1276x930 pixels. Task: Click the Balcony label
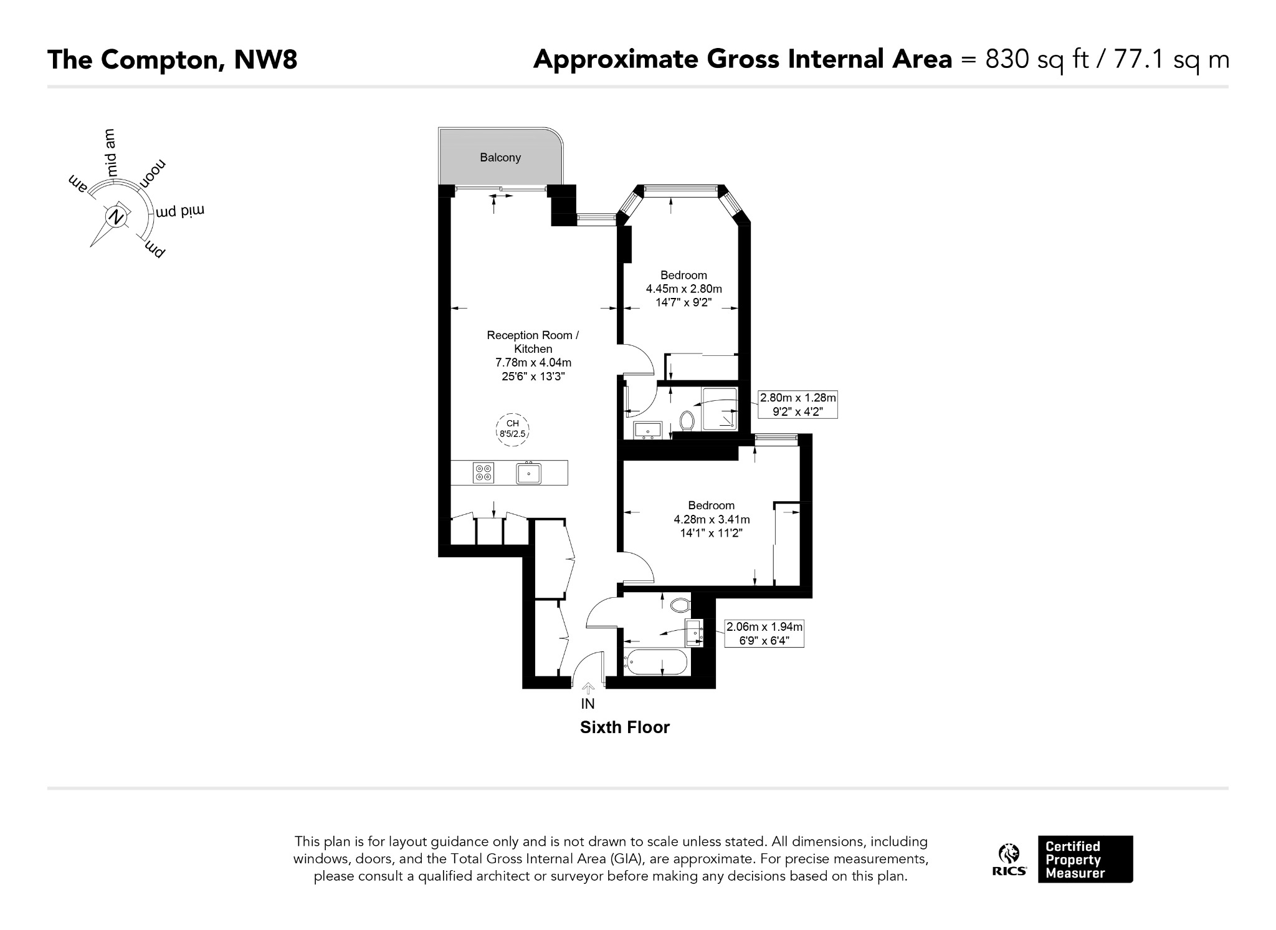point(500,158)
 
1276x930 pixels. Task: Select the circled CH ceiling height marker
point(512,429)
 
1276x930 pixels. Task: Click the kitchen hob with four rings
point(483,473)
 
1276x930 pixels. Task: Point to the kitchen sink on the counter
point(528,473)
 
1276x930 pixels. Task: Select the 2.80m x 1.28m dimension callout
point(797,405)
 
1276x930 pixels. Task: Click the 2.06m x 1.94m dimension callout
point(764,633)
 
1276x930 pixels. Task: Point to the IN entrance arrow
point(588,688)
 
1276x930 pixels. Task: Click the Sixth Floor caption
point(625,727)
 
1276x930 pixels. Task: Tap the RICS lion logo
point(1009,860)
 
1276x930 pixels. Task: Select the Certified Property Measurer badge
point(1085,859)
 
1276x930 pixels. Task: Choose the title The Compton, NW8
point(173,60)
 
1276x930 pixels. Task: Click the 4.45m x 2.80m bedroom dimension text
point(683,289)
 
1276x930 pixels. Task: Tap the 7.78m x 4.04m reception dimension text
point(533,363)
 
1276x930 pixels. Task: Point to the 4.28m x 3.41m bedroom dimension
point(712,519)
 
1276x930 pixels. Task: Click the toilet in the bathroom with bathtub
point(680,605)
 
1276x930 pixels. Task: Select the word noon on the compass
point(153,174)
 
